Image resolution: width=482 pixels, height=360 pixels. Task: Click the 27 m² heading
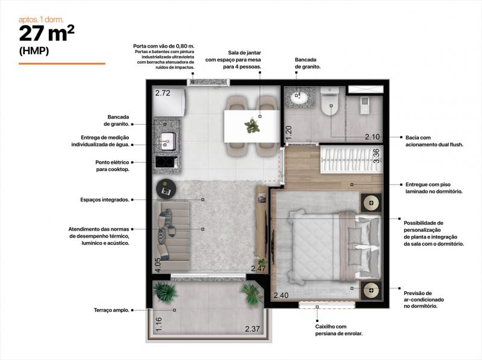point(47,34)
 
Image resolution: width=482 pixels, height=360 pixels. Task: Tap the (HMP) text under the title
point(34,51)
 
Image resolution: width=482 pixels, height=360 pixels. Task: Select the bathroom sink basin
point(298,97)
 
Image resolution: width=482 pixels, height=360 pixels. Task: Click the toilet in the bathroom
point(330,101)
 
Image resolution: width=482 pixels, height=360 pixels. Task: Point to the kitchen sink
point(169,141)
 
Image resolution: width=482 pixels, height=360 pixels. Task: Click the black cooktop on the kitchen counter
point(166,162)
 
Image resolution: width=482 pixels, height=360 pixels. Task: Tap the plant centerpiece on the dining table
point(252,125)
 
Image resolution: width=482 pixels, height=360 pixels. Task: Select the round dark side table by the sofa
point(166,188)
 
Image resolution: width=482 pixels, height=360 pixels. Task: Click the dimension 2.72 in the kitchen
point(163,93)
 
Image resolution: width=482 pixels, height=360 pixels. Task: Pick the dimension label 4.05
point(158,265)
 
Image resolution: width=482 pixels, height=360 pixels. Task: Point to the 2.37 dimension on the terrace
point(252,329)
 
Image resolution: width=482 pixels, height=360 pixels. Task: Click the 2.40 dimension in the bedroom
point(281,296)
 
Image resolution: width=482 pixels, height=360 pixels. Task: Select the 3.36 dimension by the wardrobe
point(377,156)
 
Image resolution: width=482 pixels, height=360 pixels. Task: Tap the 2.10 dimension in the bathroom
point(372,137)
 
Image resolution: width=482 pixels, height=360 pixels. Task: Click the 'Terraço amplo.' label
point(111,310)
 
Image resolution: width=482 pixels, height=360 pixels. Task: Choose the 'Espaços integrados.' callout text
point(105,200)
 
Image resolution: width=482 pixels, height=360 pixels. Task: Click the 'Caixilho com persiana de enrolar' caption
point(339,330)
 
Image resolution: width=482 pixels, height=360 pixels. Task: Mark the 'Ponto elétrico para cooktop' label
point(112,166)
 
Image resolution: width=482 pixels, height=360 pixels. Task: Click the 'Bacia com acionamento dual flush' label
point(434,141)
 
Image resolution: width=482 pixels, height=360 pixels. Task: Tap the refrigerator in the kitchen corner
point(169,102)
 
